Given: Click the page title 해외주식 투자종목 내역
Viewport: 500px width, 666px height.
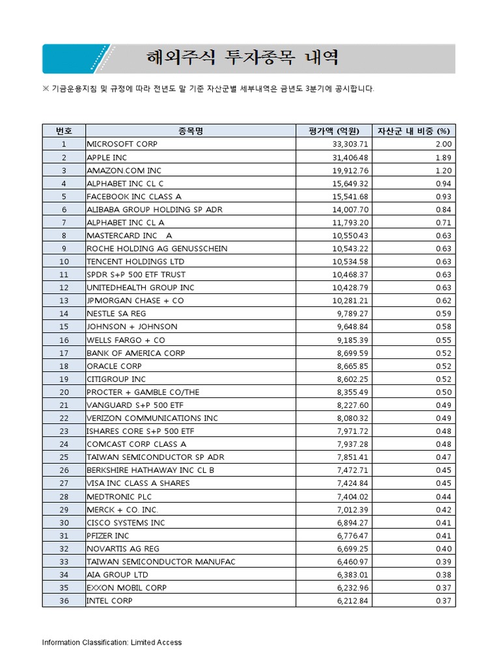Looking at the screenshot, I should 242,59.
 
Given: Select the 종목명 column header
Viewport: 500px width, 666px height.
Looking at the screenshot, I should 191,131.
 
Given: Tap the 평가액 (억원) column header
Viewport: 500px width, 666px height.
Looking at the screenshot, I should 338,131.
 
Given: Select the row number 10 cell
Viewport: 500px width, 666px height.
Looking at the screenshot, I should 64,261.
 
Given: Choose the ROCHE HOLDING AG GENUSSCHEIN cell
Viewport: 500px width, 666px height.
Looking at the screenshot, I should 157,248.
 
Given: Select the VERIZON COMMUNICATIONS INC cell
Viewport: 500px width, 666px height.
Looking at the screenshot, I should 152,418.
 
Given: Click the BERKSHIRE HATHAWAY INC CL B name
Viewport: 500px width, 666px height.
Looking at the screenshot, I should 150,470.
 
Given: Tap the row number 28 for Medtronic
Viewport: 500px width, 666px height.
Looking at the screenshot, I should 64,496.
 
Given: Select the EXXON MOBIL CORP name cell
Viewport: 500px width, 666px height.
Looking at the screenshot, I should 126,587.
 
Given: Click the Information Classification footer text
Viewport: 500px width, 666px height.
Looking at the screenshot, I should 112,643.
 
